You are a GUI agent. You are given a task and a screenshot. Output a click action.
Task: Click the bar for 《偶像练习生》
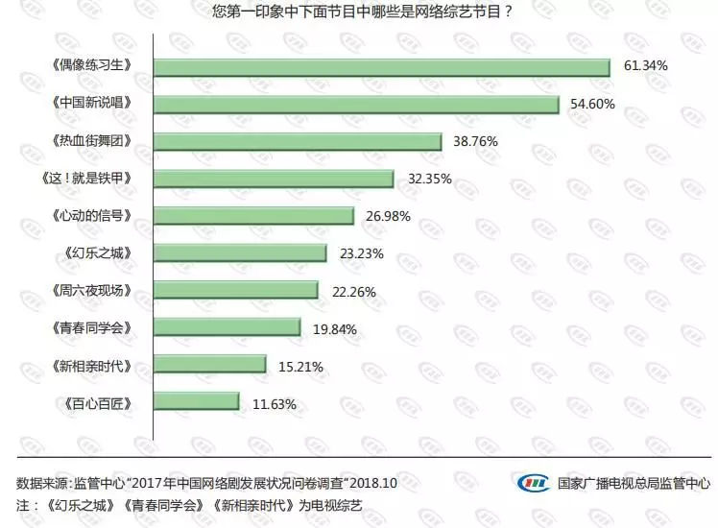pyautogui.click(x=382, y=66)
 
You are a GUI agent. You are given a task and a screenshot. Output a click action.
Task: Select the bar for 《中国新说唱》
pyautogui.click(x=356, y=104)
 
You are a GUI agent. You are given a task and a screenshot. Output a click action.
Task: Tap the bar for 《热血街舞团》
pyautogui.click(x=298, y=141)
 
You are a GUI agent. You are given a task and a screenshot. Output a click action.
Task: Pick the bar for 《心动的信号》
pyautogui.click(x=253, y=216)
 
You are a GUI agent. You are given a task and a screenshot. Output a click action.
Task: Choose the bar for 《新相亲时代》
pyautogui.click(x=209, y=366)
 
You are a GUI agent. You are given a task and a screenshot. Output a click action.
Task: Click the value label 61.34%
pyautogui.click(x=646, y=66)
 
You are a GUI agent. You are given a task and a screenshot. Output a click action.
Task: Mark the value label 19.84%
pyautogui.click(x=335, y=328)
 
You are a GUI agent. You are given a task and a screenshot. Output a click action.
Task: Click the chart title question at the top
pyautogui.click(x=360, y=12)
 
